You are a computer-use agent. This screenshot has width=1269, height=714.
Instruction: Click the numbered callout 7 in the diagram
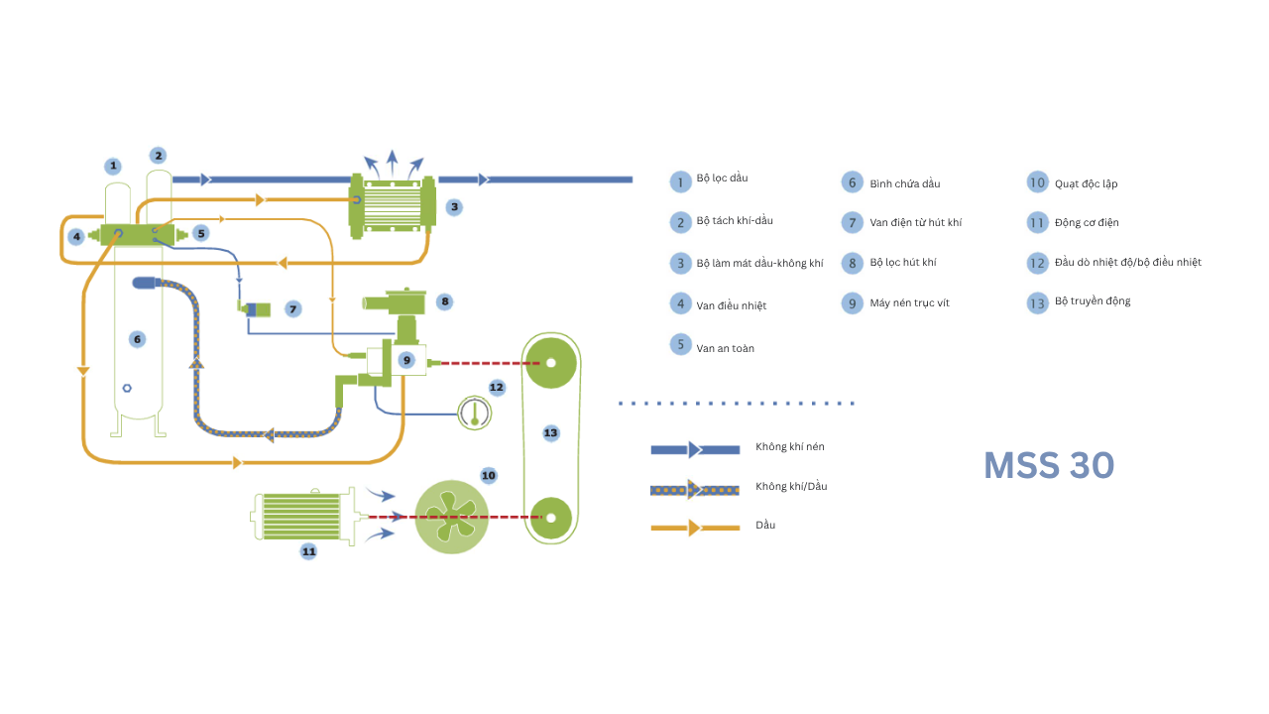292,309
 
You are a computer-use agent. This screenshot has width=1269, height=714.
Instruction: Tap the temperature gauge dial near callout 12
475,411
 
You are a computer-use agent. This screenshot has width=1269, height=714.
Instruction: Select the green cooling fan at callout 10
451,517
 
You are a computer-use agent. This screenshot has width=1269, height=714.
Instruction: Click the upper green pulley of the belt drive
550,362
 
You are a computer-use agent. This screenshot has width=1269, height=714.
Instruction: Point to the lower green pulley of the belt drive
550,517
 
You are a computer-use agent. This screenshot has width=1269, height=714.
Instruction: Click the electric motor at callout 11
301,517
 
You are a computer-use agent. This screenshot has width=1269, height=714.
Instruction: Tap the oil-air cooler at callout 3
393,205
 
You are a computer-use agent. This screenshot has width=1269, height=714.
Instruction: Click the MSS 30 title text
1049,465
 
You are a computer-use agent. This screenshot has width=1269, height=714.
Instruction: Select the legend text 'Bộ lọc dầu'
722,178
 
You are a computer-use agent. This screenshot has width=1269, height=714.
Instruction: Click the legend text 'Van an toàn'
725,349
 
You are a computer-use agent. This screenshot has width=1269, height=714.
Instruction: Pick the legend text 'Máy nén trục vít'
909,303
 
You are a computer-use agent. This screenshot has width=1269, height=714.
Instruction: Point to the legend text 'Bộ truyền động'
1093,301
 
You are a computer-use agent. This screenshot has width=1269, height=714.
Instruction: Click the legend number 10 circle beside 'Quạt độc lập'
1037,182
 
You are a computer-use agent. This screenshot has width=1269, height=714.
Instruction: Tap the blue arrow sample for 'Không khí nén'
695,449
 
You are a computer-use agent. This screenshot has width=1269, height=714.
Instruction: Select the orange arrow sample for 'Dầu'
695,528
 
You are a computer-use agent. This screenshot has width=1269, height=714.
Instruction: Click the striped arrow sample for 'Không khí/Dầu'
695,489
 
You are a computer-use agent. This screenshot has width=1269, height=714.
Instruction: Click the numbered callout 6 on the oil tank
138,339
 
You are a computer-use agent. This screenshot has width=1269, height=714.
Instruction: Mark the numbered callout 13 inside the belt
550,432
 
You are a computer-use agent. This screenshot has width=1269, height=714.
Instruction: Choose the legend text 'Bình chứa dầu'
905,184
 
